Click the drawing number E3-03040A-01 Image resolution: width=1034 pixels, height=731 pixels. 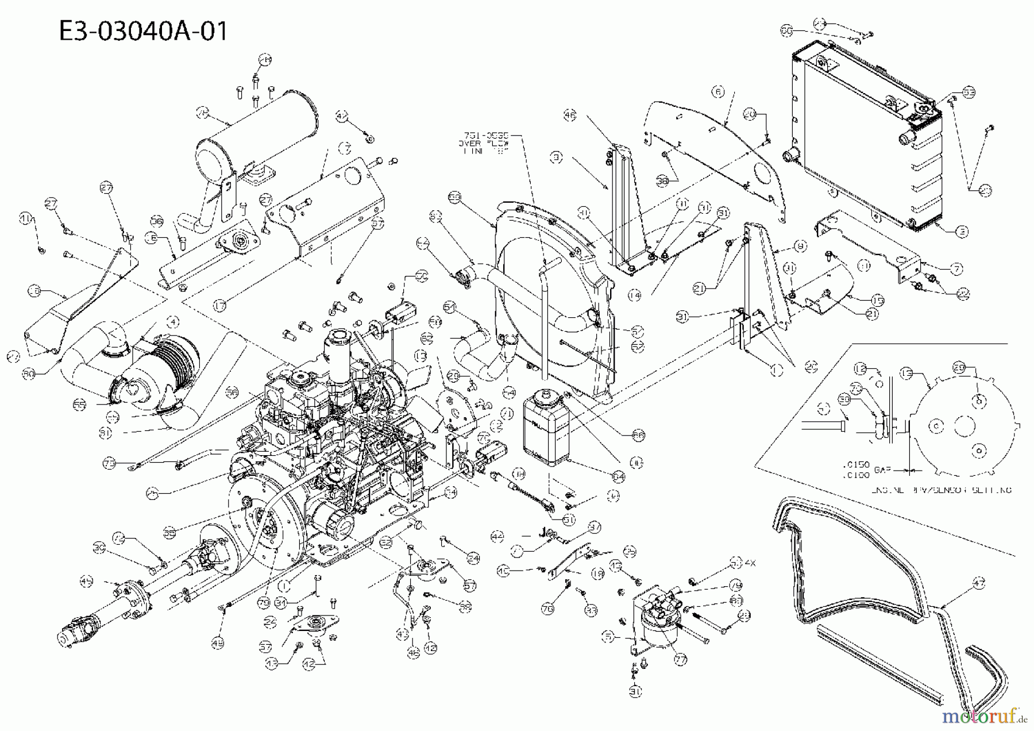[143, 30]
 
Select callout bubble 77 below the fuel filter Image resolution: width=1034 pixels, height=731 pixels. [681, 660]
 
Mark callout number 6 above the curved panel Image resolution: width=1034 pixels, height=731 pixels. [718, 91]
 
